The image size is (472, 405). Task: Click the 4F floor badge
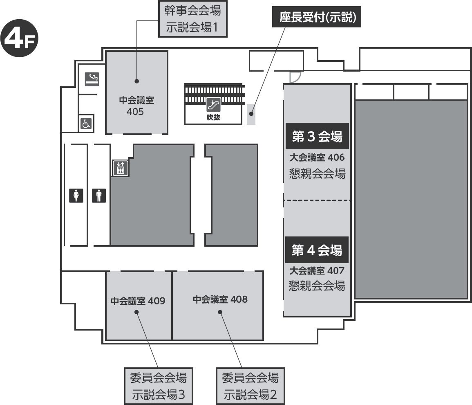[19, 38]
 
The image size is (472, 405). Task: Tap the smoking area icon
[92, 79]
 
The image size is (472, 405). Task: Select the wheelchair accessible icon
[86, 124]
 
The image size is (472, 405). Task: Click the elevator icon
[121, 168]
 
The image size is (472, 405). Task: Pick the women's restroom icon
[76, 195]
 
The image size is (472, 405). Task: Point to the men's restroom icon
[99, 195]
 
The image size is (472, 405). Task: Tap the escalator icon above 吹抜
[213, 104]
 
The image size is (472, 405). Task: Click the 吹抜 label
[213, 117]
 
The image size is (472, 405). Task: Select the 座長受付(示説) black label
[317, 17]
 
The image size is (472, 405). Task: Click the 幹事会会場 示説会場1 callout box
[192, 19]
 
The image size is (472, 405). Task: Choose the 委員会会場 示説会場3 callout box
[159, 386]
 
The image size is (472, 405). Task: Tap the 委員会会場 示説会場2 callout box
[251, 386]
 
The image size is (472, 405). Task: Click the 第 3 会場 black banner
[317, 136]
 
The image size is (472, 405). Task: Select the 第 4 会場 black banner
[317, 250]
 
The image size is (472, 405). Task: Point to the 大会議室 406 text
[317, 157]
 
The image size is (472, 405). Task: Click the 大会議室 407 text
[317, 270]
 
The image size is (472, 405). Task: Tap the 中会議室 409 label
[138, 301]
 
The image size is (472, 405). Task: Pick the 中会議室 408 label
[220, 299]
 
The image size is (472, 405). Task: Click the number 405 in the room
[135, 112]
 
